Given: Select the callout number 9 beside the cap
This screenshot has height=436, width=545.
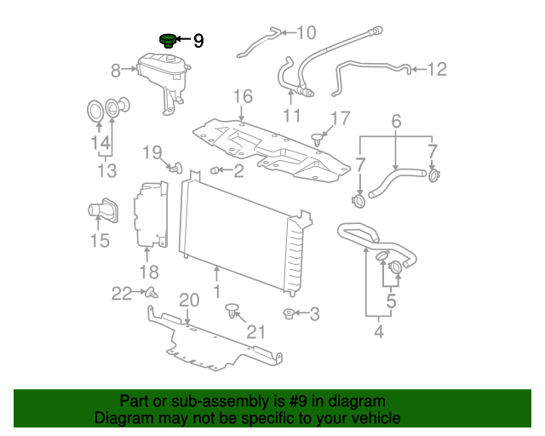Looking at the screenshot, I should pyautogui.click(x=198, y=40).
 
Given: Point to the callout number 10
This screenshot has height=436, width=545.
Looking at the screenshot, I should pyautogui.click(x=305, y=33).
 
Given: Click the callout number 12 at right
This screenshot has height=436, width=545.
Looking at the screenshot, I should pyautogui.click(x=436, y=70).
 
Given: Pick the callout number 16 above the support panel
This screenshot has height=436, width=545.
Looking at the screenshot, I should pyautogui.click(x=243, y=96).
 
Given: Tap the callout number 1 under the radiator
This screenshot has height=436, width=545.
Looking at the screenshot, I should pyautogui.click(x=217, y=291).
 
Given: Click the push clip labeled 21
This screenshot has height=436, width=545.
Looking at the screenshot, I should pyautogui.click(x=232, y=315).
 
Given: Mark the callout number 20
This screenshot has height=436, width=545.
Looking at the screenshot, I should pyautogui.click(x=188, y=300).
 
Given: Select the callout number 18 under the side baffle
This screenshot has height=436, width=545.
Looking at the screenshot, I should pyautogui.click(x=149, y=272).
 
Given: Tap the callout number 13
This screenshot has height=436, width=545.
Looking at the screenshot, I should pyautogui.click(x=106, y=171).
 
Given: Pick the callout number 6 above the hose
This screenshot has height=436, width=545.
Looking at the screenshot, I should pyautogui.click(x=396, y=123).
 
